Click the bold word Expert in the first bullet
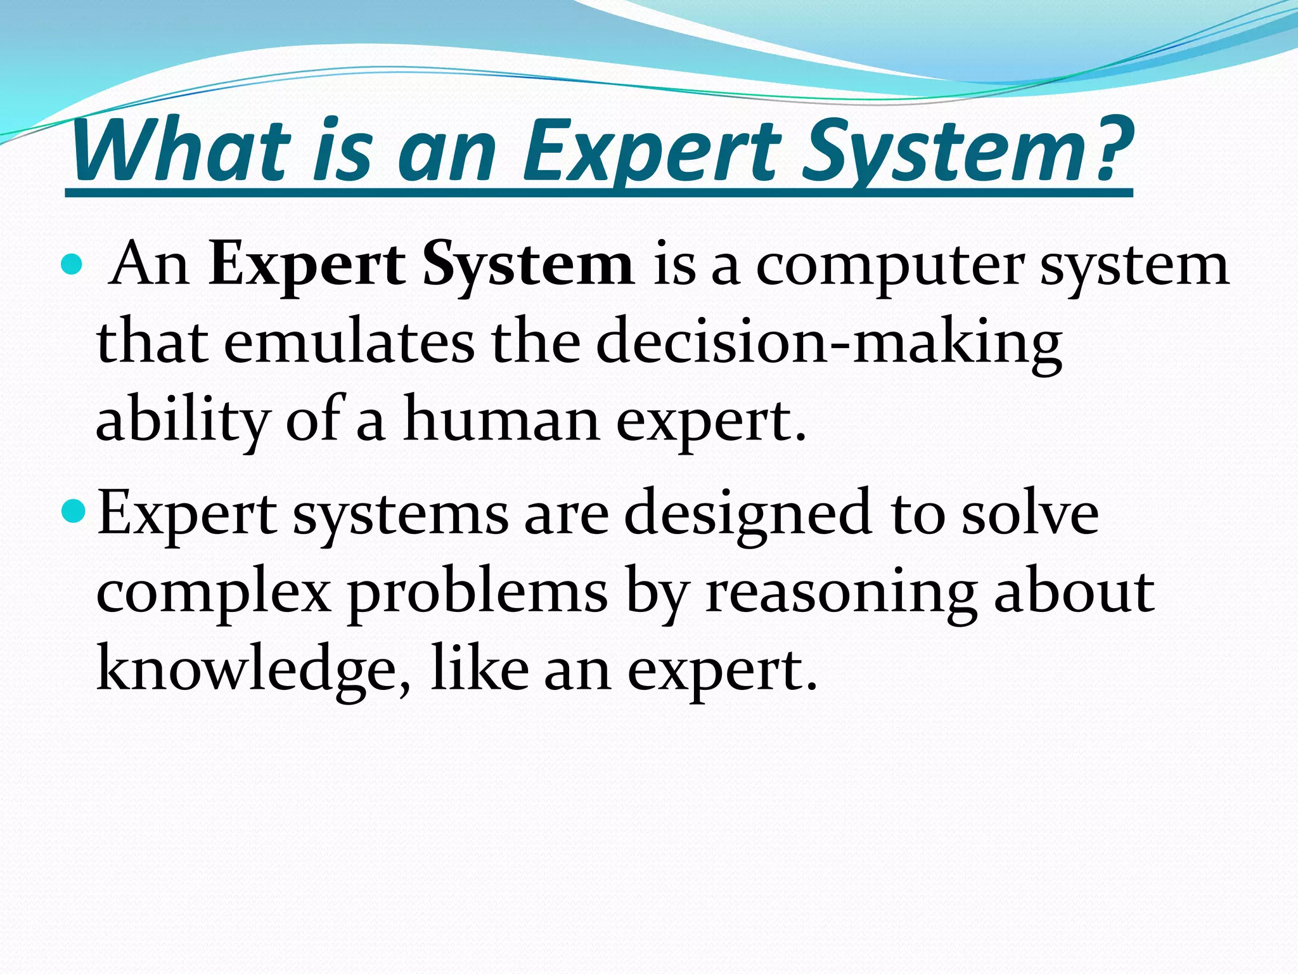(307, 266)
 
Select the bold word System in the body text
(529, 266)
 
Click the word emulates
(349, 342)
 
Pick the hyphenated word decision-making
(828, 343)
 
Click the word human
(501, 419)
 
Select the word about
(1074, 591)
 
